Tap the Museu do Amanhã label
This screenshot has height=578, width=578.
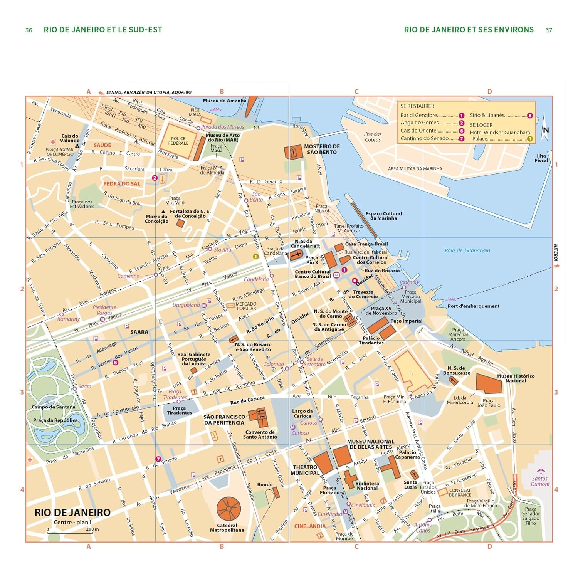224,101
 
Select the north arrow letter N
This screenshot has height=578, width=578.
546,130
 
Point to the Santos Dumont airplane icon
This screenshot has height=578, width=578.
541,470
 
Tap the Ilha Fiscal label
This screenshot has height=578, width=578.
541,158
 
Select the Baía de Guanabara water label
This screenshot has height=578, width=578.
467,250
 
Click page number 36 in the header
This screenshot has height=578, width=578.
29,30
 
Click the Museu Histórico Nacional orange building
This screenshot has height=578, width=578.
489,383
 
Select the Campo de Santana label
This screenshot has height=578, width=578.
54,407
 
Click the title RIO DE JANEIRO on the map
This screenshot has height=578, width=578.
72,512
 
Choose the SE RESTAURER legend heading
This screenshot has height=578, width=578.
417,106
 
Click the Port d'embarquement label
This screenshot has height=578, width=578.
473,306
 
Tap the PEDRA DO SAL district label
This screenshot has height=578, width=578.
122,184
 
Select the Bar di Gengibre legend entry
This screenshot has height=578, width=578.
419,115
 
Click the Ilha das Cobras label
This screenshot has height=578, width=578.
373,137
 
